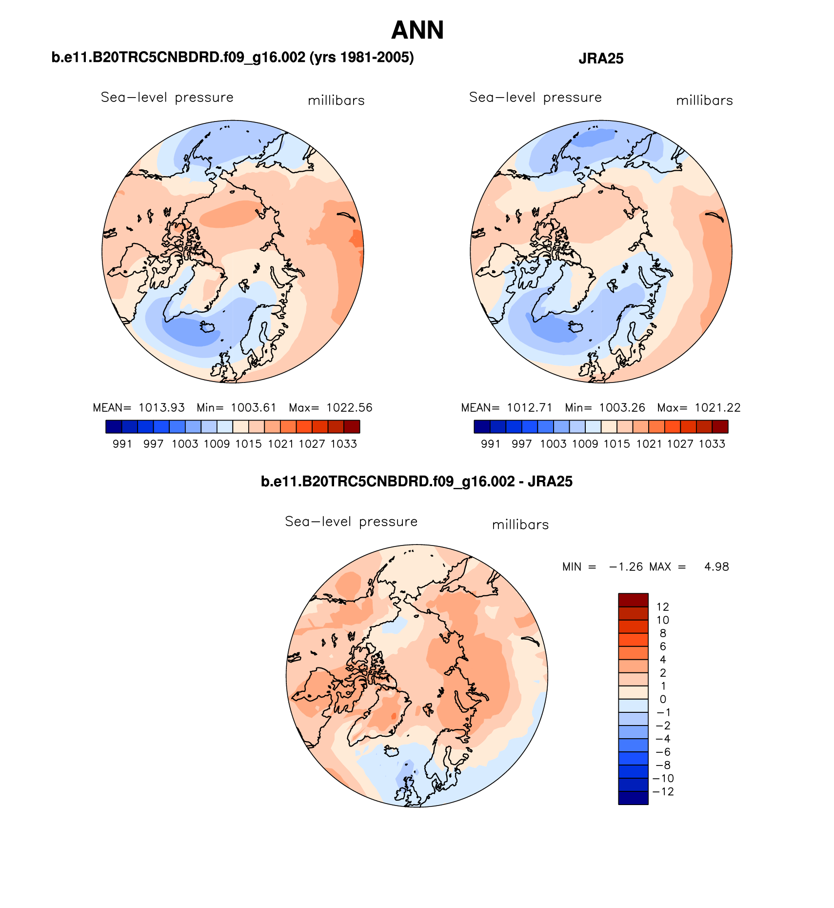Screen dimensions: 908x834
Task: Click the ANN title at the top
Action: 417,30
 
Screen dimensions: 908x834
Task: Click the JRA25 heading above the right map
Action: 601,59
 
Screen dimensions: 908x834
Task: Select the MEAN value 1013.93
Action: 161,407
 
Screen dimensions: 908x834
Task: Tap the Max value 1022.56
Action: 349,407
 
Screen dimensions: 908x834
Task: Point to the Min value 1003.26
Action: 622,407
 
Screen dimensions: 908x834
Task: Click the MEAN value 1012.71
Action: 530,407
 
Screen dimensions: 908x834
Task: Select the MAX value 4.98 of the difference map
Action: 716,566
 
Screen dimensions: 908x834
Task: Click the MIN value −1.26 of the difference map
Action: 626,566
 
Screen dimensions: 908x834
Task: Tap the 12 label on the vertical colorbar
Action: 662,606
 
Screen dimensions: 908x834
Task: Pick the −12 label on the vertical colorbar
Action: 663,791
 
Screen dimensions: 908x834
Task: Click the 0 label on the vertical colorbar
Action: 662,699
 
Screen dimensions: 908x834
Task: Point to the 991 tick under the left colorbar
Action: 122,444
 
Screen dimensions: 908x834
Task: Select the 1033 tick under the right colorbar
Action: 712,444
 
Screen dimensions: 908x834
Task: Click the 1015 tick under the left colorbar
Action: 249,444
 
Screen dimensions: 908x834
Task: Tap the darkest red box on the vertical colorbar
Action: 633,600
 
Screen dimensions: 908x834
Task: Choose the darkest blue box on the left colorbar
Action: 114,427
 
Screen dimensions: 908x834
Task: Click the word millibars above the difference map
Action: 520,525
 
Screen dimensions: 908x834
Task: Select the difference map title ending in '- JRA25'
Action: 417,482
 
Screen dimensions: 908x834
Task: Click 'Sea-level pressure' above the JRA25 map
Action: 535,98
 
